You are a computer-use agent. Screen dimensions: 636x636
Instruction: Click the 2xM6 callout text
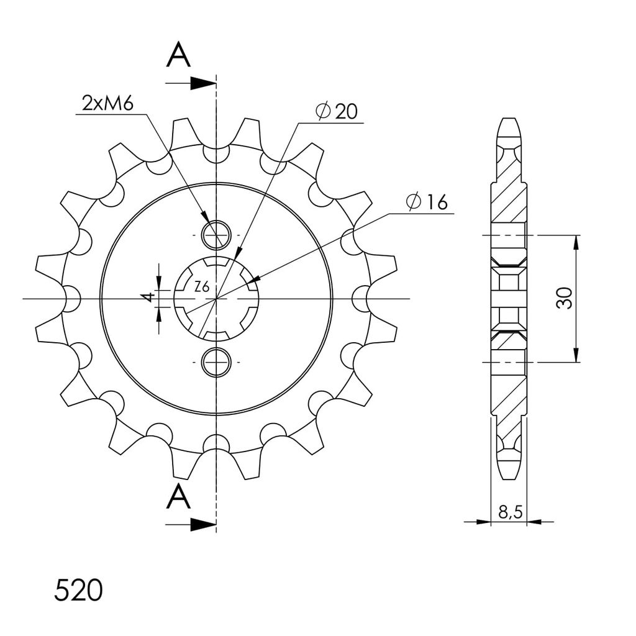[x=107, y=102]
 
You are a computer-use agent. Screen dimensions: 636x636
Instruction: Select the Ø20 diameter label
[x=337, y=112]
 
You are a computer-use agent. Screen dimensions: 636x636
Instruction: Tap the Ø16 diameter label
[x=427, y=202]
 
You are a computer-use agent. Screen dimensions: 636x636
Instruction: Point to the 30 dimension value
[x=564, y=299]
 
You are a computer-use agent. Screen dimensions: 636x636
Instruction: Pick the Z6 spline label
[x=201, y=287]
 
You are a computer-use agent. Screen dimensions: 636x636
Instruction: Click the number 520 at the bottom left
[x=78, y=591]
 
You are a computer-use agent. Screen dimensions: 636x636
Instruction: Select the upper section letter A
[x=178, y=56]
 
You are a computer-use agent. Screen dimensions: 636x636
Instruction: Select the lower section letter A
[x=178, y=496]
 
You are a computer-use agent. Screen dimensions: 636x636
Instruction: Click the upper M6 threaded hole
[x=216, y=234]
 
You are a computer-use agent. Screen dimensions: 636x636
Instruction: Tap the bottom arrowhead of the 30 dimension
[x=578, y=355]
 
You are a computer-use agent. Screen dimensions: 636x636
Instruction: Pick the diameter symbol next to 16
[x=414, y=202]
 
